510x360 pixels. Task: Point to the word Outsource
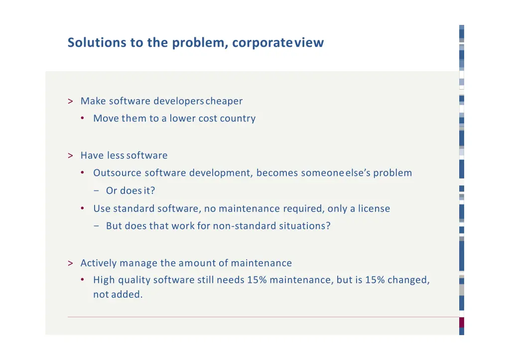(x=117, y=173)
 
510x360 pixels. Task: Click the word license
(x=374, y=209)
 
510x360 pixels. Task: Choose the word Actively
(x=99, y=263)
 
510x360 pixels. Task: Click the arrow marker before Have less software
(x=71, y=156)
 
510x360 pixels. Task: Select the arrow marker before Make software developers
(x=71, y=102)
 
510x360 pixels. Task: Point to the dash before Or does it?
(x=96, y=191)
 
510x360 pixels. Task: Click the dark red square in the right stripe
(x=462, y=322)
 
